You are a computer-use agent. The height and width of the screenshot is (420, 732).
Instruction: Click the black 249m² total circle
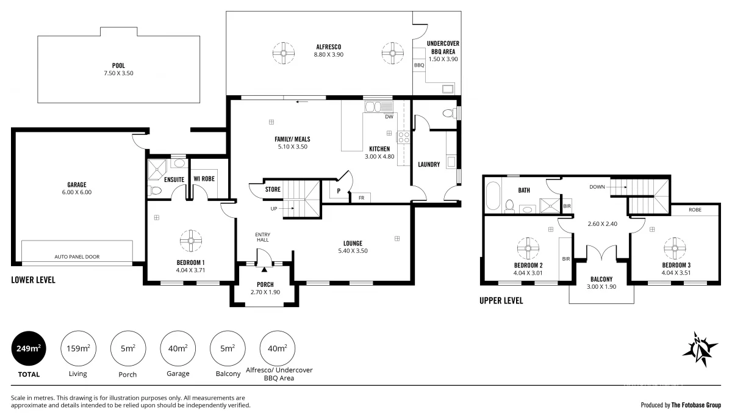click(29, 349)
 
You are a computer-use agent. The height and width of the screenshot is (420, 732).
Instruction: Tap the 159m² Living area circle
click(78, 349)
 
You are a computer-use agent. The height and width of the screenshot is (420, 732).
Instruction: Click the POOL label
click(118, 65)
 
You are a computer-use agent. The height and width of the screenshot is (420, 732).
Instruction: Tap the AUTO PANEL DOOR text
click(77, 257)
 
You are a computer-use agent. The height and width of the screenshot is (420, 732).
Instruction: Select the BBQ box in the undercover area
click(419, 65)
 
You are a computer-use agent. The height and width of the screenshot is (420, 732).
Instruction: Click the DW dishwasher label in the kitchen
click(389, 117)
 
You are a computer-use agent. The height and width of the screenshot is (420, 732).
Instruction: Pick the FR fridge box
click(361, 198)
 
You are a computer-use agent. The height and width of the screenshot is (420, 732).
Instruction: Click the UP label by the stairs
click(274, 209)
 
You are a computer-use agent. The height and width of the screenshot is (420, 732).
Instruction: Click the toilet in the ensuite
click(156, 191)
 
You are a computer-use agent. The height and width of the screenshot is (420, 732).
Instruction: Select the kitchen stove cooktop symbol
click(403, 137)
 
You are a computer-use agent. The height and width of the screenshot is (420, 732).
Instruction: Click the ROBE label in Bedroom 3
click(695, 209)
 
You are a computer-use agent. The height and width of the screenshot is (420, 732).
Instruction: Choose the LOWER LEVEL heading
click(33, 280)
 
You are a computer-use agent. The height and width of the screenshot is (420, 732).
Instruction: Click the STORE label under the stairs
click(273, 189)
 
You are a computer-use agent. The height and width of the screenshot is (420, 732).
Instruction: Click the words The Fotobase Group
click(696, 404)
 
